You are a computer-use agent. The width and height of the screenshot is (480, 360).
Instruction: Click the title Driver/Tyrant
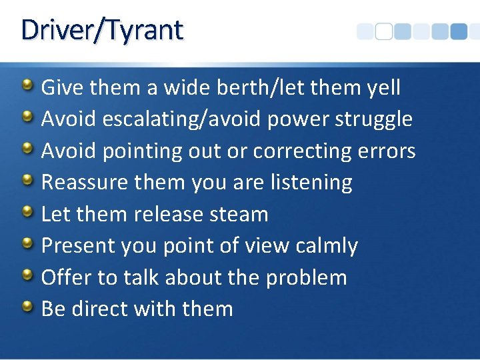[x=101, y=31]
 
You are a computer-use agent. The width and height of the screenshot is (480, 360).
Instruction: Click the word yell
[x=383, y=87]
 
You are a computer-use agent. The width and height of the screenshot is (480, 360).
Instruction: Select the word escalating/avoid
[x=182, y=119]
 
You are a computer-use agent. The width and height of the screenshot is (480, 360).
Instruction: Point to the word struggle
[x=374, y=119]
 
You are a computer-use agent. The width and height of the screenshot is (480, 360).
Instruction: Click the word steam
[x=238, y=215]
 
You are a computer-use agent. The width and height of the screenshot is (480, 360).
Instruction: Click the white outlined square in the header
[x=383, y=31]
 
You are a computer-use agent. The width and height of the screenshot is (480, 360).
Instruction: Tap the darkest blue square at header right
[x=458, y=31]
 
